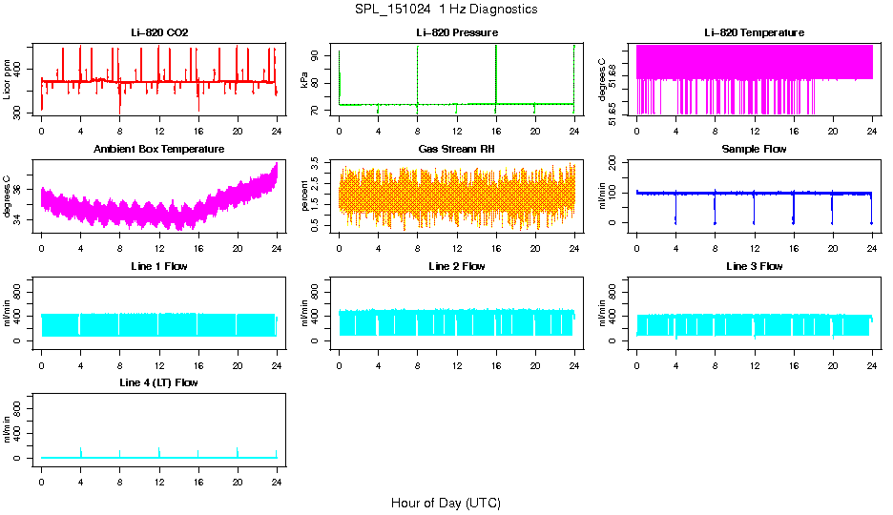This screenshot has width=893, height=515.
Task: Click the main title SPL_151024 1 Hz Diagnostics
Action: coord(446,10)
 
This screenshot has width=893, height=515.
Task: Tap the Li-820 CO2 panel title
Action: coord(159,32)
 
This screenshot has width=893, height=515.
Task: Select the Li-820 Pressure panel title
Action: coord(456,32)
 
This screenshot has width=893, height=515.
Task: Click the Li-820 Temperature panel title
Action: coord(754,32)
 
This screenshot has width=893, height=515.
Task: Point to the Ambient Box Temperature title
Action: coord(159,150)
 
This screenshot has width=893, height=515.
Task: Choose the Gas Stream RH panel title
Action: coord(456,150)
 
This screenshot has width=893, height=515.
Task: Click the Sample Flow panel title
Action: coord(754,150)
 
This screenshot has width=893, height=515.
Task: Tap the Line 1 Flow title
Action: coord(159,266)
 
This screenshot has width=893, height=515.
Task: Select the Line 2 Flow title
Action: coord(456,266)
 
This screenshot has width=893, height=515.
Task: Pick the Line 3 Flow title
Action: coord(754,266)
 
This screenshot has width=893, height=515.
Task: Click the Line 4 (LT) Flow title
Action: coord(159,382)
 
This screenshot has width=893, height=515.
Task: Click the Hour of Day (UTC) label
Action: coord(446,503)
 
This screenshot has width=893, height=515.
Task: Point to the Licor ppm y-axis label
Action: coord(8,81)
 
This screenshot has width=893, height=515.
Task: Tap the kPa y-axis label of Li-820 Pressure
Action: coord(305,81)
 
